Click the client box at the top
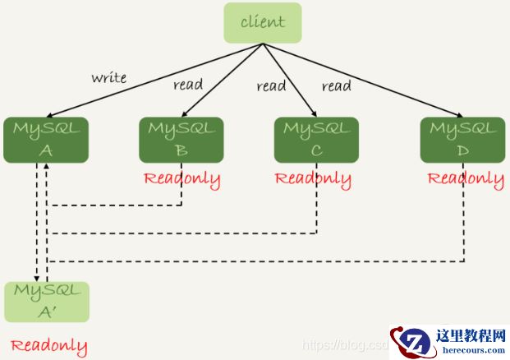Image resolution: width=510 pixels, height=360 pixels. pyautogui.click(x=263, y=23)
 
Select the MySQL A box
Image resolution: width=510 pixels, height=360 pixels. pyautogui.click(x=46, y=139)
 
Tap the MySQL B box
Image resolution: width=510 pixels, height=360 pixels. pyautogui.click(x=181, y=139)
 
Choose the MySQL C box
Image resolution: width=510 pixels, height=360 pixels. pyautogui.click(x=316, y=139)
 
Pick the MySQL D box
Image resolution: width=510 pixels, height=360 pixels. pyautogui.click(x=462, y=139)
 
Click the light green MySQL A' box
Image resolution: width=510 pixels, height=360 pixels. pyautogui.click(x=46, y=302)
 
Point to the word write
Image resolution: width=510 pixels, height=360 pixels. pyautogui.click(x=108, y=78)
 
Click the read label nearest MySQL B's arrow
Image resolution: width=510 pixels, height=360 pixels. pyautogui.click(x=188, y=85)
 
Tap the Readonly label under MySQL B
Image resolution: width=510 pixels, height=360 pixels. pyautogui.click(x=181, y=178)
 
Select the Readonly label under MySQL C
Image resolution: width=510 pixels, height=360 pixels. pyautogui.click(x=313, y=178)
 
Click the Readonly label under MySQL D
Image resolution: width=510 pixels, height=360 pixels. pyautogui.click(x=466, y=178)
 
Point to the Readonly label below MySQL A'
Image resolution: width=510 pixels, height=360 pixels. pyautogui.click(x=48, y=345)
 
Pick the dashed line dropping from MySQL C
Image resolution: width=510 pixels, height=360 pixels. pyautogui.click(x=317, y=210)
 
